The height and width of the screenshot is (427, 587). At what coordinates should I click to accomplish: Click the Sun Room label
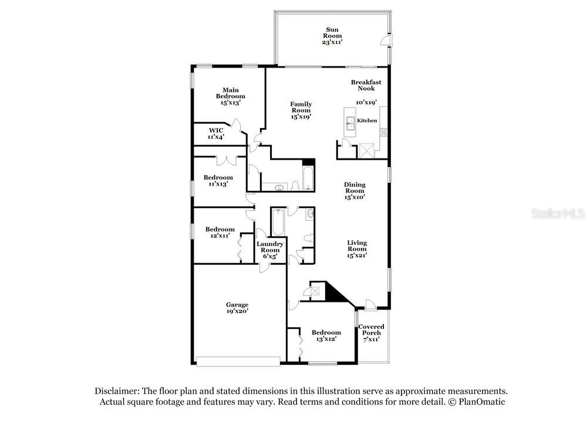(x=332, y=32)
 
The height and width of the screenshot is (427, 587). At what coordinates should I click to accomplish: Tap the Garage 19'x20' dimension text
(x=237, y=311)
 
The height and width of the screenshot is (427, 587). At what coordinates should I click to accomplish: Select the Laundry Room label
(x=270, y=247)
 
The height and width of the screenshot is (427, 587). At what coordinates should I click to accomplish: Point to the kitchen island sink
(x=351, y=123)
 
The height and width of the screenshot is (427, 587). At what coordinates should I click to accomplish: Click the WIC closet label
(x=216, y=130)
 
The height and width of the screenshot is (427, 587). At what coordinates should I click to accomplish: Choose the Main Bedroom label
(x=230, y=93)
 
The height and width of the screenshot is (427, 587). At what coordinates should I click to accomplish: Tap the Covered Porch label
(x=372, y=330)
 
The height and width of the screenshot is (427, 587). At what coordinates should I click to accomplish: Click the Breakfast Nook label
(x=366, y=85)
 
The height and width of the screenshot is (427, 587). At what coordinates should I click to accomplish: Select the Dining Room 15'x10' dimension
(x=355, y=197)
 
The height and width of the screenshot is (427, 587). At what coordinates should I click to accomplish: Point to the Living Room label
(x=357, y=246)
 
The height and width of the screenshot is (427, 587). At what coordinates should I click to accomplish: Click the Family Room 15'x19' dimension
(x=301, y=117)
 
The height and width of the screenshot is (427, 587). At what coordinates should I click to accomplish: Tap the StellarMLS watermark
(x=558, y=214)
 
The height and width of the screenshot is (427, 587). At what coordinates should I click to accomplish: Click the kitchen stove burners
(x=384, y=132)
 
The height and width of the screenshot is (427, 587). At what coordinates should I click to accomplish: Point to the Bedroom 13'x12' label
(x=326, y=335)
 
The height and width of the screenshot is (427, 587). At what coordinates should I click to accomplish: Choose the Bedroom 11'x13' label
(x=218, y=180)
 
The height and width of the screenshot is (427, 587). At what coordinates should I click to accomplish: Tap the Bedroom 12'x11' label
(x=220, y=232)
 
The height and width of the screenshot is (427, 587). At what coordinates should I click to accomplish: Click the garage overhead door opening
(x=238, y=361)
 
